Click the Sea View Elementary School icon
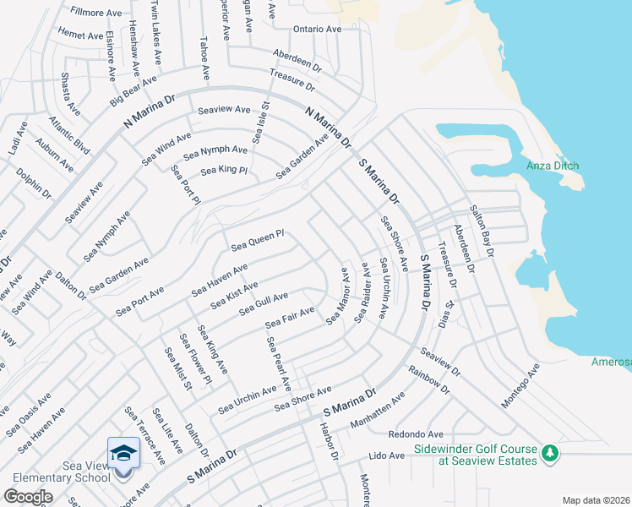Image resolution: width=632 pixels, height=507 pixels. (x=123, y=454)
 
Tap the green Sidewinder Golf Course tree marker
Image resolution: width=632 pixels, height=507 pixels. (x=549, y=454)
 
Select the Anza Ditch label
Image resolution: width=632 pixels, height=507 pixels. (x=553, y=166)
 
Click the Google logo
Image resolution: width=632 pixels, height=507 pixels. (x=29, y=496)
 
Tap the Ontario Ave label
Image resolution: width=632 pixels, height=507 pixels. (x=317, y=29)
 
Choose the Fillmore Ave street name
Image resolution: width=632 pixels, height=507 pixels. (x=96, y=13)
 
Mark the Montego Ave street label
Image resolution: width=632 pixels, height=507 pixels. (x=520, y=386)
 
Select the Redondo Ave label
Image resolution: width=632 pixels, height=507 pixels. (x=416, y=434)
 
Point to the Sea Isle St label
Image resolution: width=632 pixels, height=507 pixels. (x=259, y=123)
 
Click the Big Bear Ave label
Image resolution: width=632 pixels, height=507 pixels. (x=133, y=91)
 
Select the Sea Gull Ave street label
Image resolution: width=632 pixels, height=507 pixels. (x=263, y=304)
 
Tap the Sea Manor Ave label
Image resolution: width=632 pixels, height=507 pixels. (x=336, y=296)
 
